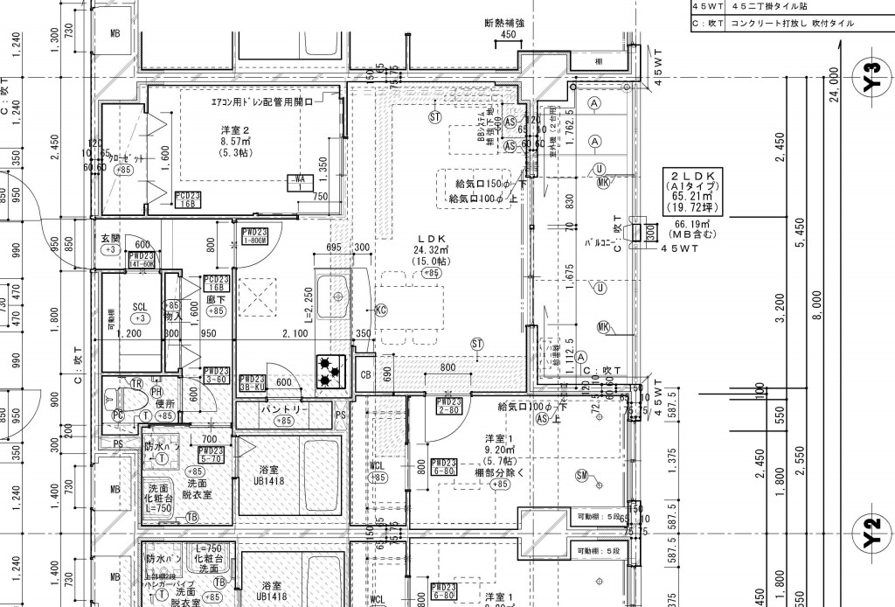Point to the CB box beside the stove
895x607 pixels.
coord(367,374)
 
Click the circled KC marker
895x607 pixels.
coord(380,310)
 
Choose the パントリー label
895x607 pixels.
coord(282,409)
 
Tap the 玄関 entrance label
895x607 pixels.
coord(110,238)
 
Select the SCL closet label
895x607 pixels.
coord(139,307)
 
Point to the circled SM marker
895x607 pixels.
coord(581,475)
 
